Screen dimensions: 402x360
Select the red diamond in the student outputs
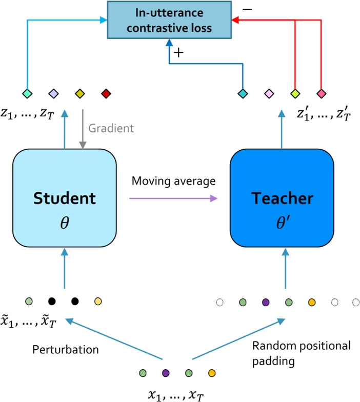tap(106, 94)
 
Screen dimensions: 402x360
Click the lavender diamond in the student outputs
tap(54, 94)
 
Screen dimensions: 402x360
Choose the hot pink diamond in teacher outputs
tap(321, 94)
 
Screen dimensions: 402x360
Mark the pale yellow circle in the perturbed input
tap(98, 302)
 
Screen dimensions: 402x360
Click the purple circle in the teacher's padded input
tap(265, 303)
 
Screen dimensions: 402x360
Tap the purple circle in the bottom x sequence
tap(166, 372)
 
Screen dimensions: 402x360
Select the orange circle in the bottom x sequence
tap(211, 372)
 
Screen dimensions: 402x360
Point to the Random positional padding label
tap(301, 353)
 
